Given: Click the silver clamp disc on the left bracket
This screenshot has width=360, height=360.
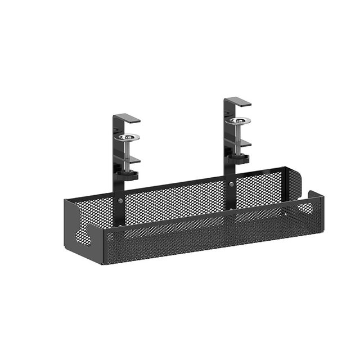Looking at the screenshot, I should [x=129, y=137].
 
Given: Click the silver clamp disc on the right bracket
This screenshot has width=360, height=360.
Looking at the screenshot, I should [x=240, y=120].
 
